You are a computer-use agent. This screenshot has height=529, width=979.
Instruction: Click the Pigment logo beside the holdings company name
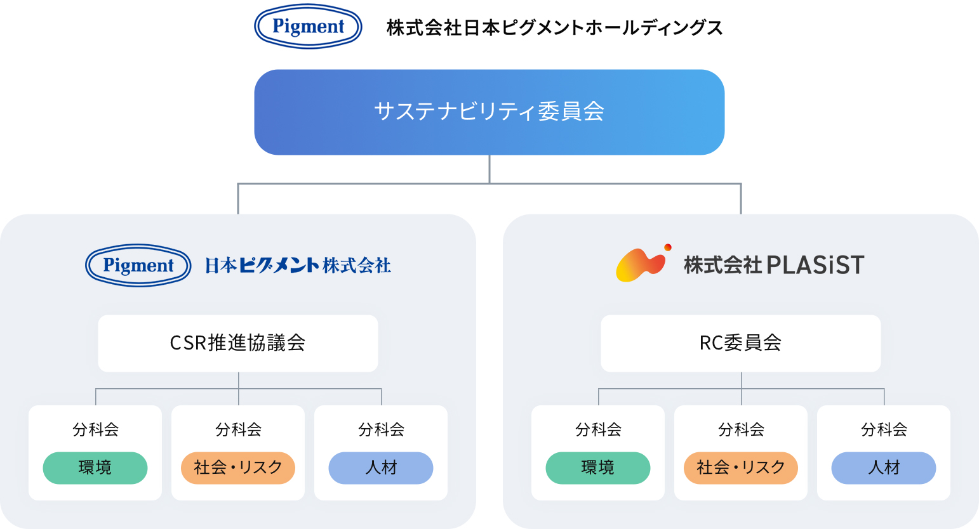pyautogui.click(x=308, y=26)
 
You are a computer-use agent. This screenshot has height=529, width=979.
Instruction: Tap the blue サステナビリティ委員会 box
pyautogui.click(x=489, y=112)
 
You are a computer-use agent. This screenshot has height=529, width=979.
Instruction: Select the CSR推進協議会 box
pyautogui.click(x=237, y=344)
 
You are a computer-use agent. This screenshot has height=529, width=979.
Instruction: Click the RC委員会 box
pyautogui.click(x=741, y=344)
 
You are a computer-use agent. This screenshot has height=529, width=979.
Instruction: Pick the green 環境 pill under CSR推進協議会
pyautogui.click(x=95, y=468)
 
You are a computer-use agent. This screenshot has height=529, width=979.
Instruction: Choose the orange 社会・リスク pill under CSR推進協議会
pyautogui.click(x=238, y=468)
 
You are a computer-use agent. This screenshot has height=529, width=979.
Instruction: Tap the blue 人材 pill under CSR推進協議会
pyautogui.click(x=381, y=468)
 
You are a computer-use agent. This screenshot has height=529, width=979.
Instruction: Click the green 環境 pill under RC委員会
pyautogui.click(x=598, y=468)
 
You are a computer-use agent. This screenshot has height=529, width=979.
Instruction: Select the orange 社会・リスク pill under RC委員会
pyautogui.click(x=741, y=468)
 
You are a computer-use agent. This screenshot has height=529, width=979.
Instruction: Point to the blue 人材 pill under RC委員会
pyautogui.click(x=884, y=468)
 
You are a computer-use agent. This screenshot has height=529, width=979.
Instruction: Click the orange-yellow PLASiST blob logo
pyautogui.click(x=641, y=264)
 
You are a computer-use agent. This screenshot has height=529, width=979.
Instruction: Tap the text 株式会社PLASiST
pyautogui.click(x=774, y=265)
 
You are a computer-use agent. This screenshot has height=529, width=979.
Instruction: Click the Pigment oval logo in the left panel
pyautogui.click(x=138, y=265)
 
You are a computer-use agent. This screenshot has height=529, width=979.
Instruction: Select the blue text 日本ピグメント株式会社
pyautogui.click(x=298, y=265)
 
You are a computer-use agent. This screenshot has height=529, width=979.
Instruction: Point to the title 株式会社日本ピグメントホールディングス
pyautogui.click(x=555, y=28)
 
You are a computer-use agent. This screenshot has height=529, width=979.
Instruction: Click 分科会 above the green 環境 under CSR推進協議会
pyautogui.click(x=95, y=429)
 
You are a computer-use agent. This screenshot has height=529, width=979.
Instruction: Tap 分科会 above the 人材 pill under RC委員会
pyautogui.click(x=884, y=429)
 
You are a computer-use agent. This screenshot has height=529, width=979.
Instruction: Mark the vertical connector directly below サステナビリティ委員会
pyautogui.click(x=489, y=169)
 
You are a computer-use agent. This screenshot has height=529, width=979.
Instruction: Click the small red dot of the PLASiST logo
pyautogui.click(x=668, y=247)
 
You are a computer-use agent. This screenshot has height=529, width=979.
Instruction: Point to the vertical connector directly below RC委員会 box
pyautogui.click(x=742, y=388)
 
